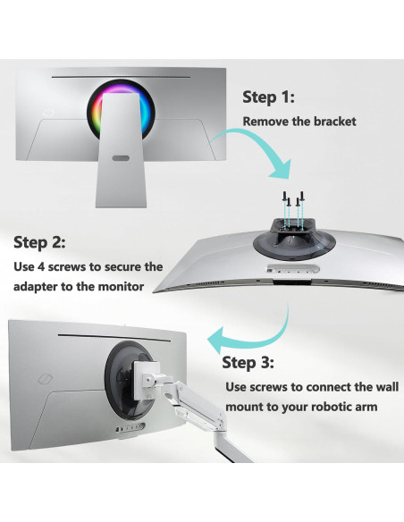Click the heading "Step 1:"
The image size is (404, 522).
(268, 97)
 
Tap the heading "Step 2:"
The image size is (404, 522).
(39, 242)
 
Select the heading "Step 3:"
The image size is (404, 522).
(248, 362)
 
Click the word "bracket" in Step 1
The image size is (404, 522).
(332, 122)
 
